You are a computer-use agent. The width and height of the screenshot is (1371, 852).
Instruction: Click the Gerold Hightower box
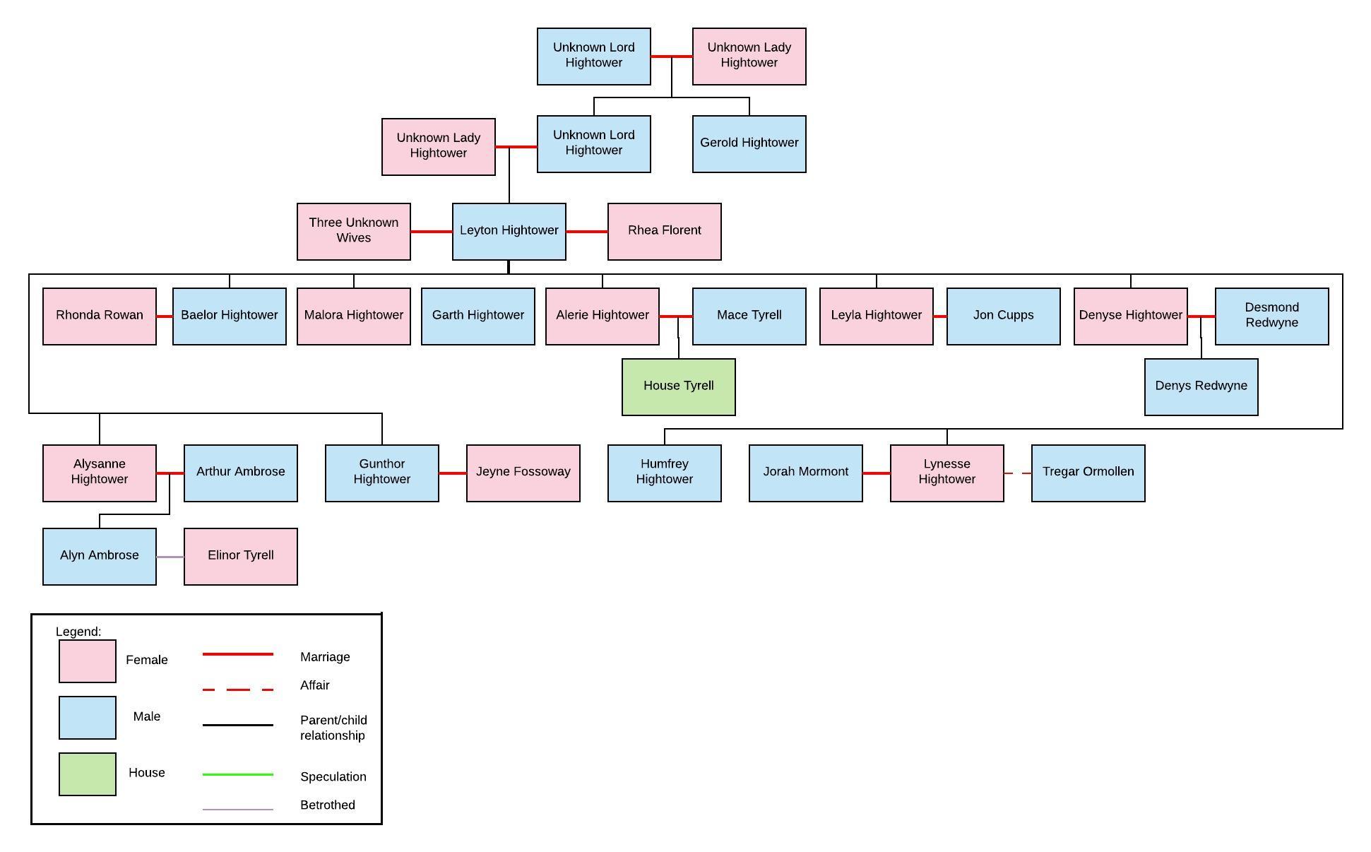[749, 143]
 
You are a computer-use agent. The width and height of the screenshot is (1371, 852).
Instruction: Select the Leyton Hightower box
[509, 231]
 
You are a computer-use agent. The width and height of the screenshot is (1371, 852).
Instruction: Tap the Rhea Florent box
[664, 231]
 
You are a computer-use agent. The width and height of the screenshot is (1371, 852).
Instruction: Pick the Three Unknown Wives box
[353, 231]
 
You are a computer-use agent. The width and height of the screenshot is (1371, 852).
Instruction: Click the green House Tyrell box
[678, 386]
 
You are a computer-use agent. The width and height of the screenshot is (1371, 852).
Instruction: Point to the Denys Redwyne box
[1201, 386]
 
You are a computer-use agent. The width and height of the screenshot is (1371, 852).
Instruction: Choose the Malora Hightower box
[353, 316]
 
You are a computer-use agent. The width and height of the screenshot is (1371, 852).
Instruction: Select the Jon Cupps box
[1003, 316]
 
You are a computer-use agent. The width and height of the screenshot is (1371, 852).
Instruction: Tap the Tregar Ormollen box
[1088, 473]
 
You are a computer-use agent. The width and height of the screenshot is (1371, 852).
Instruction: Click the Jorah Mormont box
[805, 473]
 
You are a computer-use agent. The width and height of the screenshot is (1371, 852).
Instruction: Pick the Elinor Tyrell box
[240, 556]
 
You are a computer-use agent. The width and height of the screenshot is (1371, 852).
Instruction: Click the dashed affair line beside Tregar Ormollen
[1017, 473]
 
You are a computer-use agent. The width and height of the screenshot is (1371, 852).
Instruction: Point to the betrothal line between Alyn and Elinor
[170, 557]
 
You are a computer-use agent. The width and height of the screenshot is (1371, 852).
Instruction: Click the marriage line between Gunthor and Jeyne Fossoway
[452, 473]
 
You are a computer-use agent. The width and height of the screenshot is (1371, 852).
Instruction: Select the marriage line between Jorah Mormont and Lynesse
[876, 473]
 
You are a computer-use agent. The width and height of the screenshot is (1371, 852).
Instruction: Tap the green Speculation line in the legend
[237, 774]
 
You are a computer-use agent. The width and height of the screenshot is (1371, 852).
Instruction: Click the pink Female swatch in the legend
[87, 661]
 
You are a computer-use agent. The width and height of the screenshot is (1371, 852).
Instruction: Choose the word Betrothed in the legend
[327, 805]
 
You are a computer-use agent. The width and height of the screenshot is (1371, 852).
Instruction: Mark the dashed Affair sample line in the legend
[237, 689]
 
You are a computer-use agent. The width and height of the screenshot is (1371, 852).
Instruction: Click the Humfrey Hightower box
[664, 473]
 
